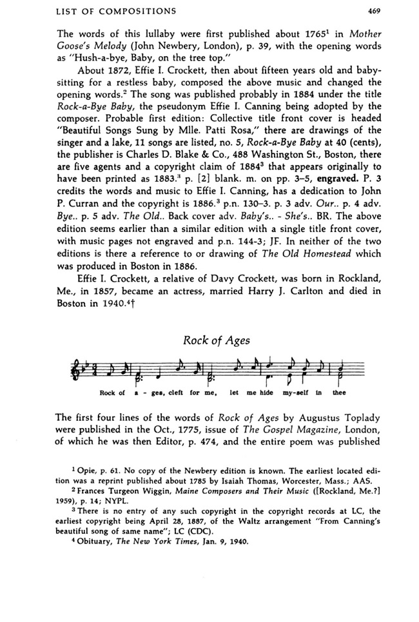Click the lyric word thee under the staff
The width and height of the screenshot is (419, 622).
click(339, 393)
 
